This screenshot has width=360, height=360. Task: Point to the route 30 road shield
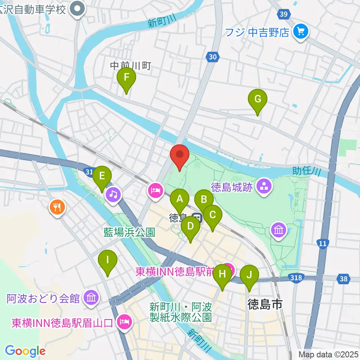212,57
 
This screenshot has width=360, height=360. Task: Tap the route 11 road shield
322,243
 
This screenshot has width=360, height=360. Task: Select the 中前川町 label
130,66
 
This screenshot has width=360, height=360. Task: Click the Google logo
25,351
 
